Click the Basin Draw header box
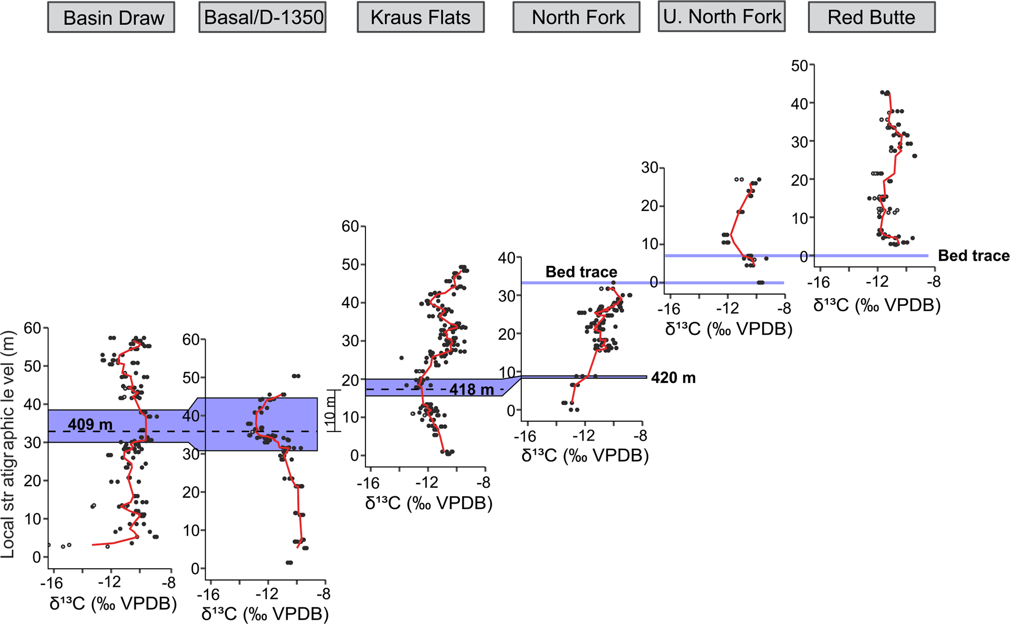111,18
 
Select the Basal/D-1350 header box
262,18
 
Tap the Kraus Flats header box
420,18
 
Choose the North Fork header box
576,18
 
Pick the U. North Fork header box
721,17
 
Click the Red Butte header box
871,18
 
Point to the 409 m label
90,424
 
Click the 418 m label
472,389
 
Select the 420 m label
673,378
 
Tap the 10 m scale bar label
331,410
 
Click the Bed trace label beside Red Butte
973,256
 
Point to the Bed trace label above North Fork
581,272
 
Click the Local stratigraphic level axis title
8,444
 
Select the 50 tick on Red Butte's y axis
799,65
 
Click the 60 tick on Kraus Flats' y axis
350,226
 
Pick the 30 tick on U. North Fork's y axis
650,168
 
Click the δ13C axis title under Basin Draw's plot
113,603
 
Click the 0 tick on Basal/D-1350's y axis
195,569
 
